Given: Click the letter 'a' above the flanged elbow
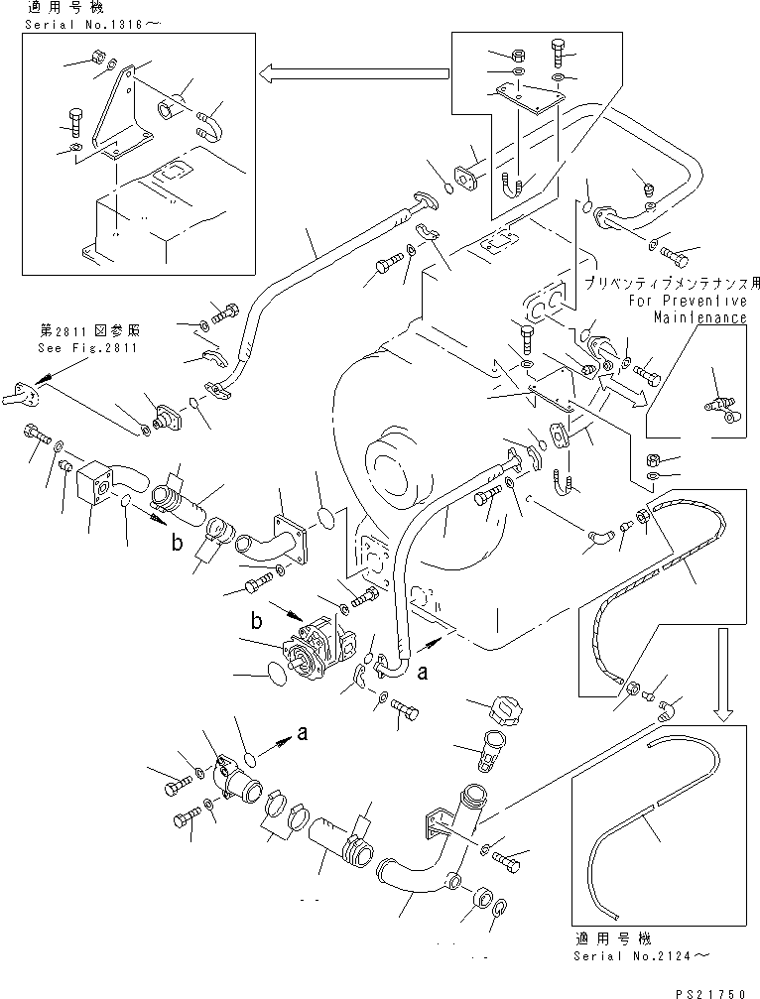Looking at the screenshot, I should (x=304, y=735).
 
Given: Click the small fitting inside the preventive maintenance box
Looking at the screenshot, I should (x=722, y=407).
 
